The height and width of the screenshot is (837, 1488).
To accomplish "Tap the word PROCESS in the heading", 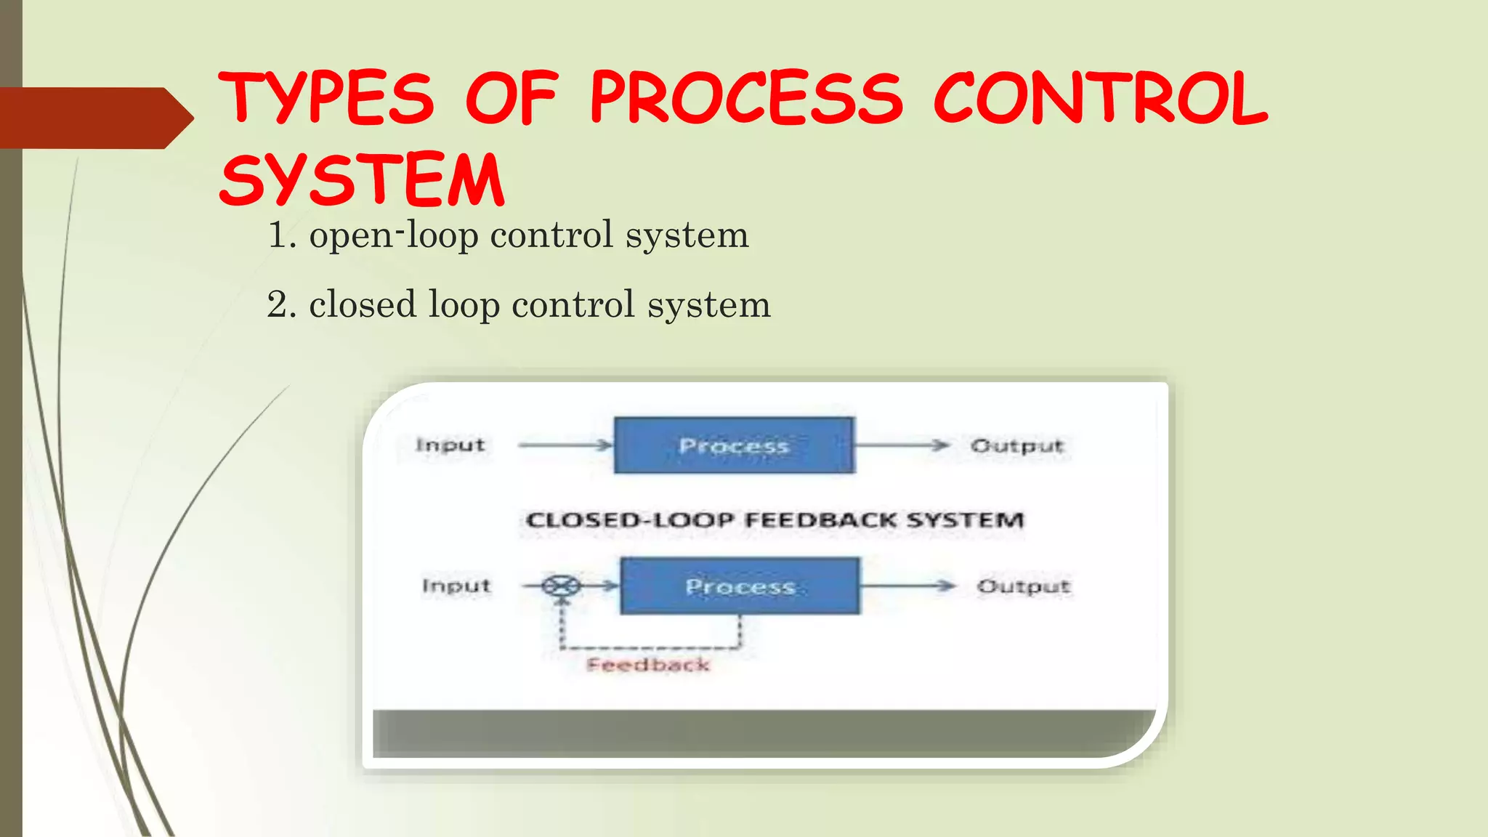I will (x=747, y=98).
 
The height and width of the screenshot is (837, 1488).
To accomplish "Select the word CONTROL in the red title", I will (x=1100, y=98).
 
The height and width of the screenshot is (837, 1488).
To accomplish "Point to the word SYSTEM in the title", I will (x=362, y=179).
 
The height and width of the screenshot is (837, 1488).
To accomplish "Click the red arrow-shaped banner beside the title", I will (x=94, y=118).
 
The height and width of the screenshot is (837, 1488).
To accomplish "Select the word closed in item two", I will (x=363, y=304).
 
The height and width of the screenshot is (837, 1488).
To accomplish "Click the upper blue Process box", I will (x=734, y=445).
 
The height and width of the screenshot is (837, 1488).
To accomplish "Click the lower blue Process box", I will (x=740, y=586).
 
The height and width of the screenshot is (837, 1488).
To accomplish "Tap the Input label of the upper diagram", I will (x=450, y=445).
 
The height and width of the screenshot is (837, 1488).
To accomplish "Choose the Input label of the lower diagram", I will (x=456, y=586).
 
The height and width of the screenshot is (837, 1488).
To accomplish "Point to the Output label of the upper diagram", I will (x=1017, y=445).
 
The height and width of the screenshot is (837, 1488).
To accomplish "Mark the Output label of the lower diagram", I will (x=1024, y=586).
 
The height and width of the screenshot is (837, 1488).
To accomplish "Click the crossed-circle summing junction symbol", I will (x=562, y=586).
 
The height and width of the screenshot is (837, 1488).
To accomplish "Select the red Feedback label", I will (x=648, y=665).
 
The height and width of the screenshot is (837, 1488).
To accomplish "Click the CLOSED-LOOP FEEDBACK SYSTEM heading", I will (x=775, y=520).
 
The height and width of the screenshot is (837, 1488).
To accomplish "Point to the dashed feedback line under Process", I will (x=650, y=647).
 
